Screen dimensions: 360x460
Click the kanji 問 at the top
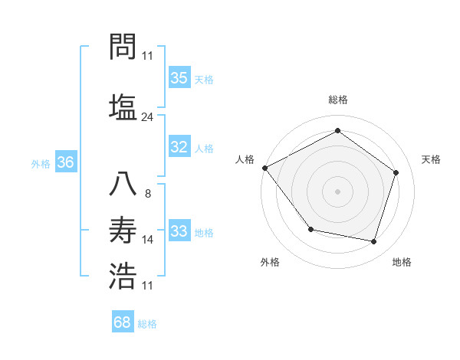coord(123,48)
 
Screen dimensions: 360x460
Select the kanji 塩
coord(123,106)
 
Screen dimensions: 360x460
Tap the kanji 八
coord(123,184)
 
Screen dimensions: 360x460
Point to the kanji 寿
coord(123,230)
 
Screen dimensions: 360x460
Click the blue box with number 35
coord(179,78)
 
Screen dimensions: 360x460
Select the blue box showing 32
coord(179,148)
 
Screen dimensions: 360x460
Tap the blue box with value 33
coord(179,231)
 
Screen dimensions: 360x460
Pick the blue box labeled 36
coord(65,162)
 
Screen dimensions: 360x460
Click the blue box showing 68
coord(123,322)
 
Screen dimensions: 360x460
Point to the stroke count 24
coord(147,117)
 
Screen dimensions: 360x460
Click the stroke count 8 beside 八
coord(147,193)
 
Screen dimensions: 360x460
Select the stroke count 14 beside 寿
coord(148,240)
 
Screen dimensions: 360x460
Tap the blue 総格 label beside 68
coord(147,324)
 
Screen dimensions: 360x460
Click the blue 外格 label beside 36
coord(41,164)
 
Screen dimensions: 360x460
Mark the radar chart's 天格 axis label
coord(432,159)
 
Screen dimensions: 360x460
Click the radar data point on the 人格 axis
coord(265,168)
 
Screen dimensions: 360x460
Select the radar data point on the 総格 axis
coord(337,131)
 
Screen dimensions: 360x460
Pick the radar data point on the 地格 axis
coord(374,241)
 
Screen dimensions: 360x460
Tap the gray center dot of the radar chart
coord(337,191)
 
